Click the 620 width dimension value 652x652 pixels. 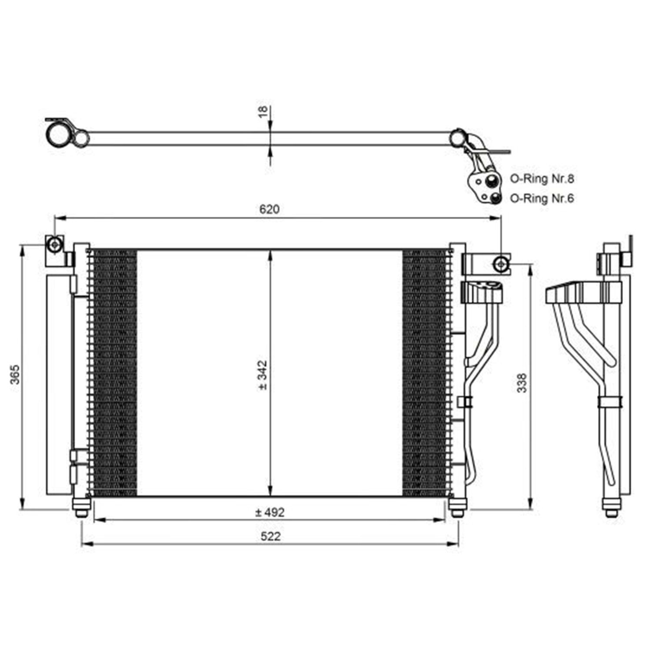coord(269,209)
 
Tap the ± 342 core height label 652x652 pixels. coord(263,375)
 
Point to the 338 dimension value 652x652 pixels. coord(522,383)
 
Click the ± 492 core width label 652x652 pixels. coord(269,512)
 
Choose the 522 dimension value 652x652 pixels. coord(270,536)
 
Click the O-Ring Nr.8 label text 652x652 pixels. coord(542,178)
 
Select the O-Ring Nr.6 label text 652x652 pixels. coord(542,198)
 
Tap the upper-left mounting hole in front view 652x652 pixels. coord(55,245)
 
